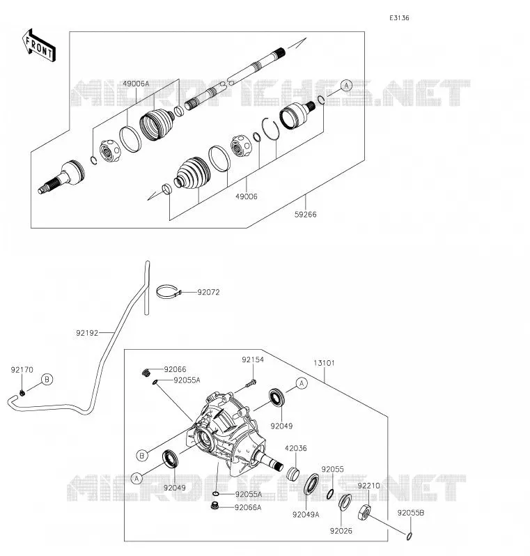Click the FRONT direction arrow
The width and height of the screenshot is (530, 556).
[x=38, y=45]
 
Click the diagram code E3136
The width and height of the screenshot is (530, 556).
[x=399, y=17]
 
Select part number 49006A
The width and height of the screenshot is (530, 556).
[x=136, y=84]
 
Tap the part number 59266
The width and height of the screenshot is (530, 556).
[x=305, y=214]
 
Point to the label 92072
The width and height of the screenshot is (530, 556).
[x=208, y=292]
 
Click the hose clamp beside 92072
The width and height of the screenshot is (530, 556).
[x=169, y=292]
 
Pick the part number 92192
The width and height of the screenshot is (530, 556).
[x=87, y=333]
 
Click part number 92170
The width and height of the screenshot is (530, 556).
[x=22, y=370]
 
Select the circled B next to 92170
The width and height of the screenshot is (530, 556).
[x=47, y=380]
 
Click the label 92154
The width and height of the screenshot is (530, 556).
[x=253, y=360]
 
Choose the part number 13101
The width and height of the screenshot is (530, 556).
[x=324, y=363]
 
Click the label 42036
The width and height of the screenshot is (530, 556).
[x=296, y=448]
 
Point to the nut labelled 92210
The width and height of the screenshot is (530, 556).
[x=365, y=512]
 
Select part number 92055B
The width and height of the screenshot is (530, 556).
[x=410, y=513]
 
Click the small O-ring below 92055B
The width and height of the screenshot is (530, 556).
[x=409, y=536]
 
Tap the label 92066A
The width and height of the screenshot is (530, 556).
[x=248, y=507]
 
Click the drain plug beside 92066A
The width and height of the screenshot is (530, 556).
[x=214, y=505]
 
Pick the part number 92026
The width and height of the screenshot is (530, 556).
[x=341, y=531]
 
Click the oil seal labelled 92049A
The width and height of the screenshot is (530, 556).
[x=311, y=484]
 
